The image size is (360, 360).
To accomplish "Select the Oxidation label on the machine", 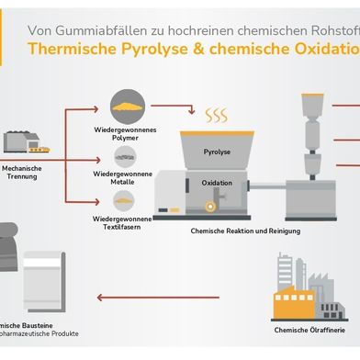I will click(218, 183).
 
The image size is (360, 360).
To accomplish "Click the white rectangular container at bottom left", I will click(51, 275).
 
